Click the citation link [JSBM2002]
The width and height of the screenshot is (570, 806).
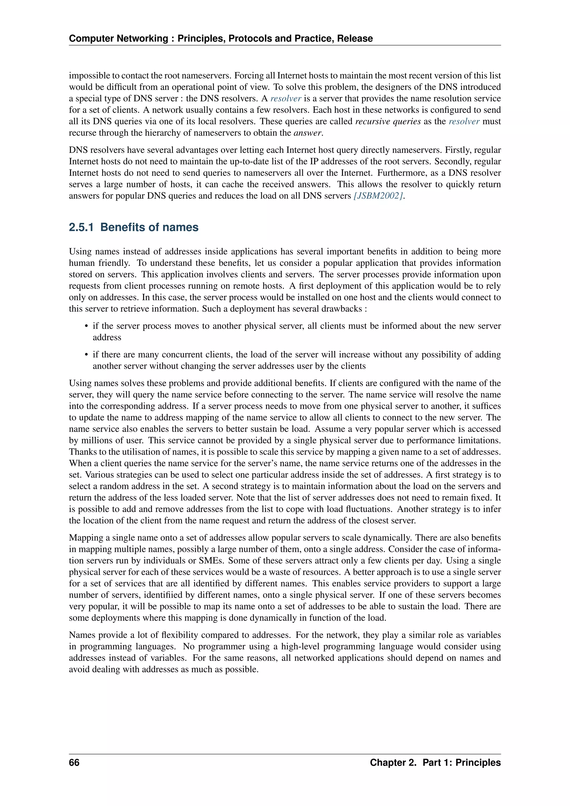pyautogui.click(x=378, y=196)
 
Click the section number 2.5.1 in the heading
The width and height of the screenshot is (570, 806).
pyautogui.click(x=81, y=227)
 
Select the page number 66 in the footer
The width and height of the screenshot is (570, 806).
pyautogui.click(x=74, y=763)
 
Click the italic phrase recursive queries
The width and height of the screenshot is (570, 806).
pyautogui.click(x=388, y=121)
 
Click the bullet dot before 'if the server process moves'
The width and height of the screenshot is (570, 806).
pyautogui.click(x=86, y=326)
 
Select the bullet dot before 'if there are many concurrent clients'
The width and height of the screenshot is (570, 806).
pyautogui.click(x=86, y=355)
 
